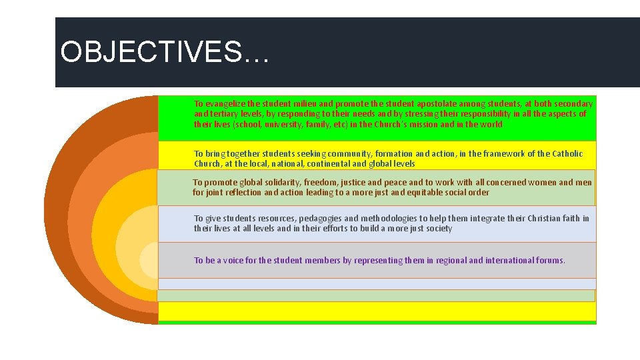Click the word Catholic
567,154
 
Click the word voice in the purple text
231,261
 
